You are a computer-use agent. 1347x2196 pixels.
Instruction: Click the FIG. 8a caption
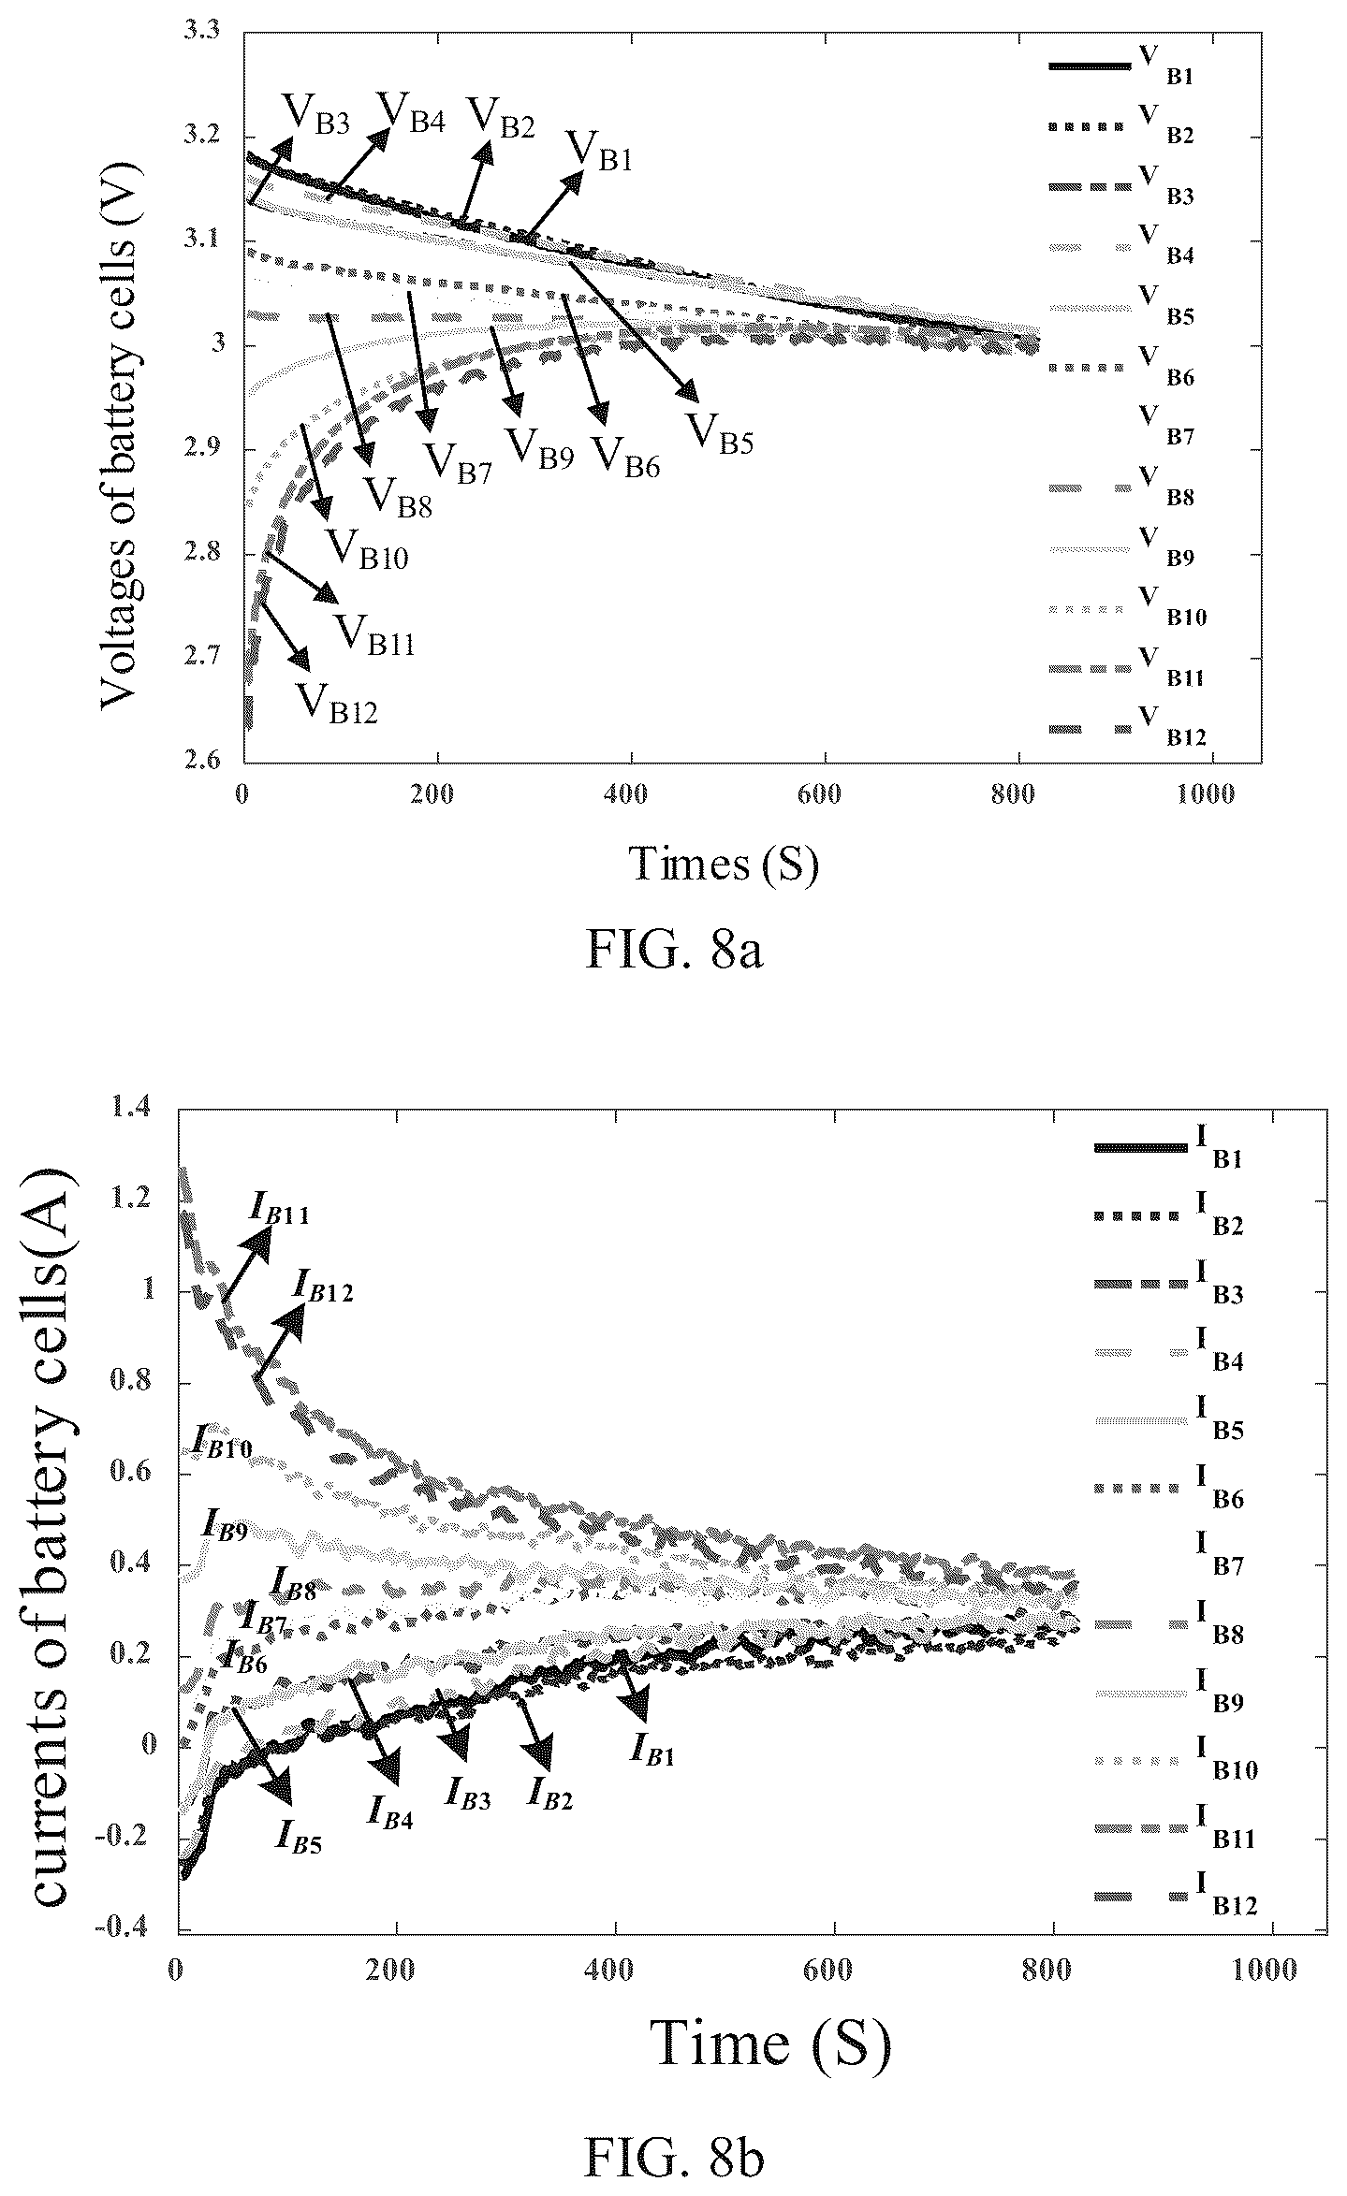click(675, 951)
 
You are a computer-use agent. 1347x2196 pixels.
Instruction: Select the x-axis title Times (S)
click(725, 864)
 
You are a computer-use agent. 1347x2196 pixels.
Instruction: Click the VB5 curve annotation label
click(720, 433)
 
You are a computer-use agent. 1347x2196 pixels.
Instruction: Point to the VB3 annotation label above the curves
click(316, 116)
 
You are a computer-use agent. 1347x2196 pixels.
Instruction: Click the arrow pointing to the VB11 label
click(301, 577)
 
